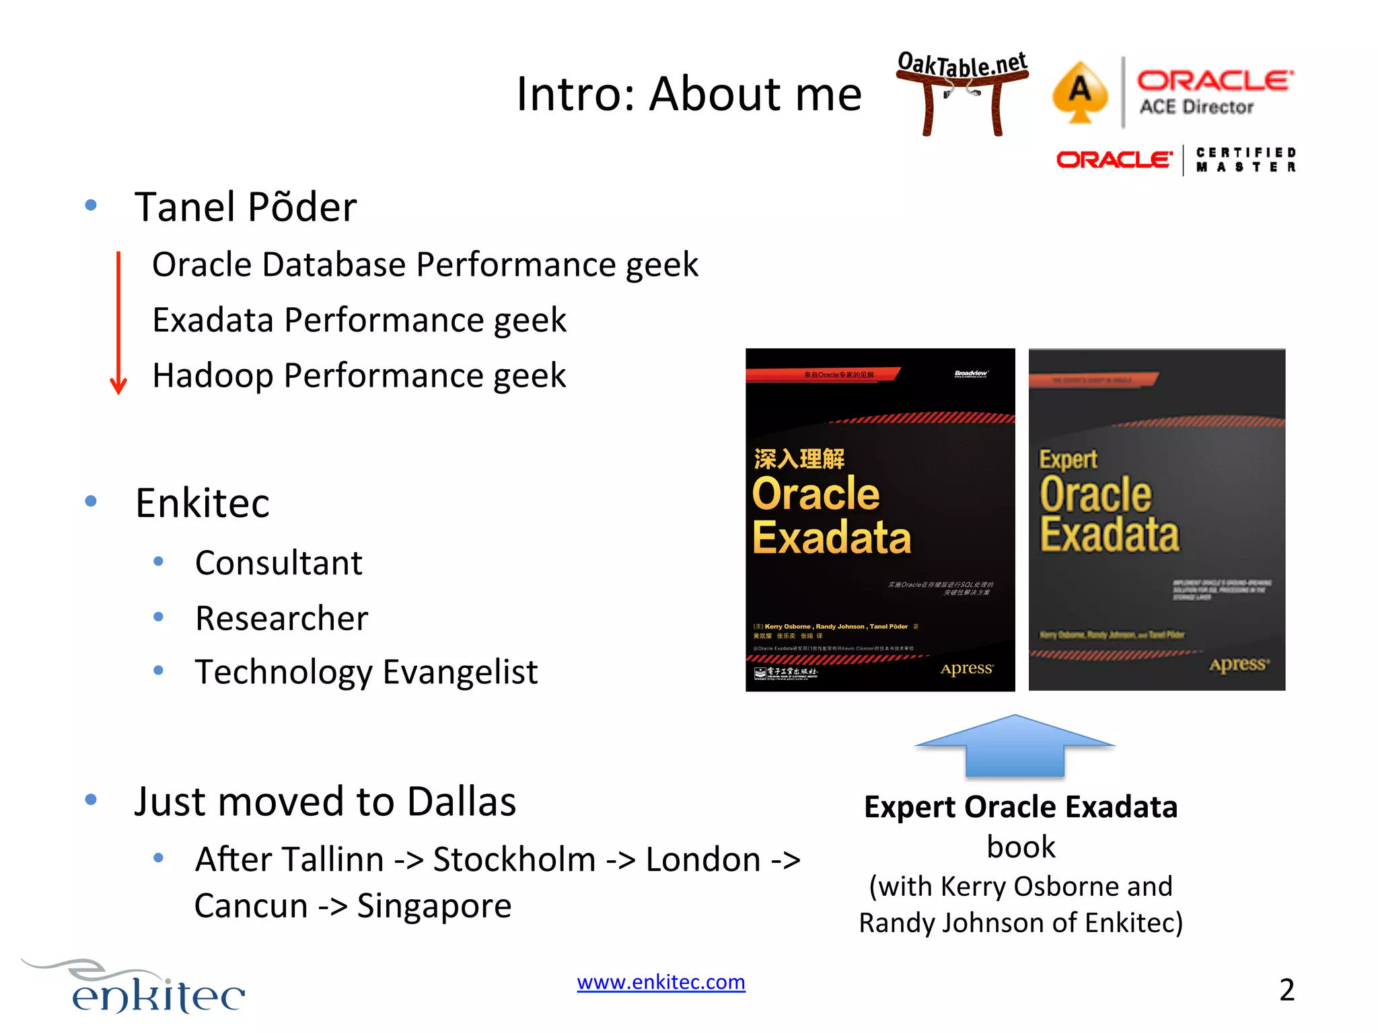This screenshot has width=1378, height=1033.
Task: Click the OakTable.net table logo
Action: coord(962,91)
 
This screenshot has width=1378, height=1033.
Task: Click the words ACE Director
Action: coord(1196,107)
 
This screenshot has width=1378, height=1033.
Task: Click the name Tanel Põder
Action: coord(246,206)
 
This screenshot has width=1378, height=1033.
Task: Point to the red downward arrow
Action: coord(118,323)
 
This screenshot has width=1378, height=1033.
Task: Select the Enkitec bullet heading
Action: coord(202,503)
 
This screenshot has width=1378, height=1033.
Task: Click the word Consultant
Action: coord(279,563)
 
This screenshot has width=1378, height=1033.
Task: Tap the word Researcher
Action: coord(281,618)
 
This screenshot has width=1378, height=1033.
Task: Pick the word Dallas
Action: coord(462,801)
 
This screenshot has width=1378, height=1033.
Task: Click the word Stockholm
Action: coord(514,859)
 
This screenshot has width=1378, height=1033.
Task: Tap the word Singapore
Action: coord(434,906)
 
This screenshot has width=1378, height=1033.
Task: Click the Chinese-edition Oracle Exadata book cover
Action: coord(879,519)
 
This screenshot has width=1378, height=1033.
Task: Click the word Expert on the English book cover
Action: coord(1068,459)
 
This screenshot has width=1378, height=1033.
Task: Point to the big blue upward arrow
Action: coord(1015,747)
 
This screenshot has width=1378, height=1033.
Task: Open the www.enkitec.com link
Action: coord(661,982)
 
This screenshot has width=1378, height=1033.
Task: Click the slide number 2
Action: coord(1286,989)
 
